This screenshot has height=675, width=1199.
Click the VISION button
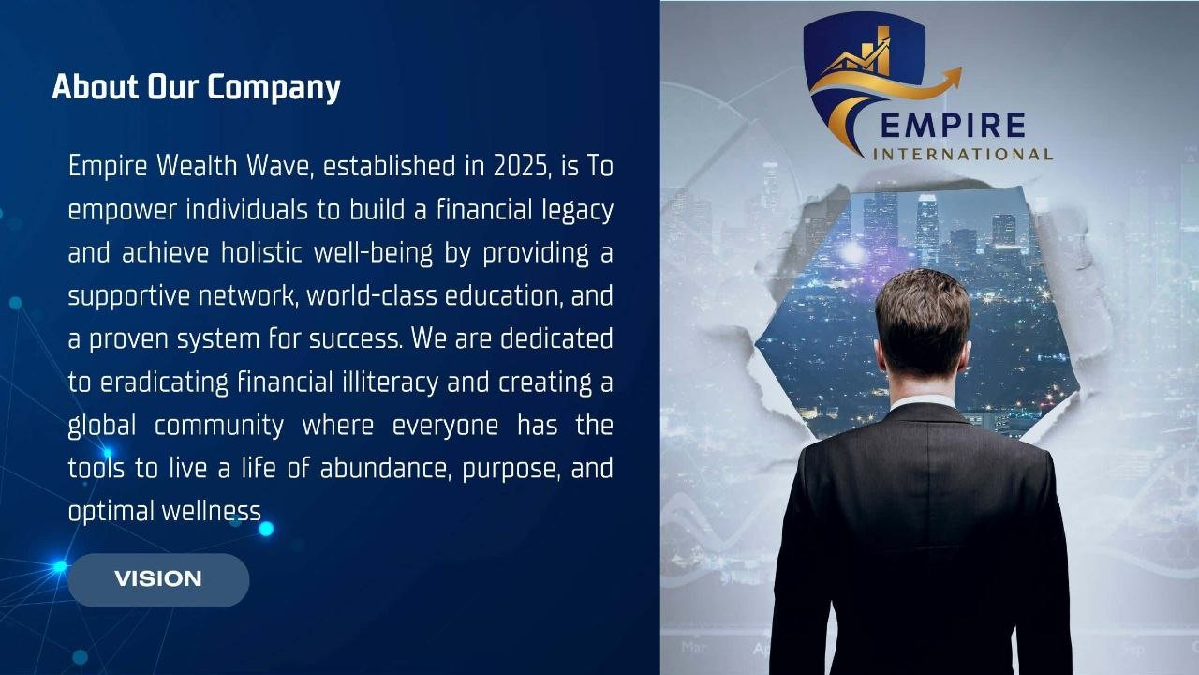click(x=158, y=579)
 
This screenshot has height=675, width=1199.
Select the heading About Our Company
click(x=196, y=87)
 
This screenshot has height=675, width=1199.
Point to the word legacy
click(x=578, y=210)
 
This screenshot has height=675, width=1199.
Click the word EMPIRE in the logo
click(x=954, y=125)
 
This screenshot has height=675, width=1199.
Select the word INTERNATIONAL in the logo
click(x=962, y=154)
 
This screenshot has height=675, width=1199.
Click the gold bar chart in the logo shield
click(x=876, y=51)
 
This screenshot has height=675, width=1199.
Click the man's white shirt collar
click(x=922, y=400)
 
